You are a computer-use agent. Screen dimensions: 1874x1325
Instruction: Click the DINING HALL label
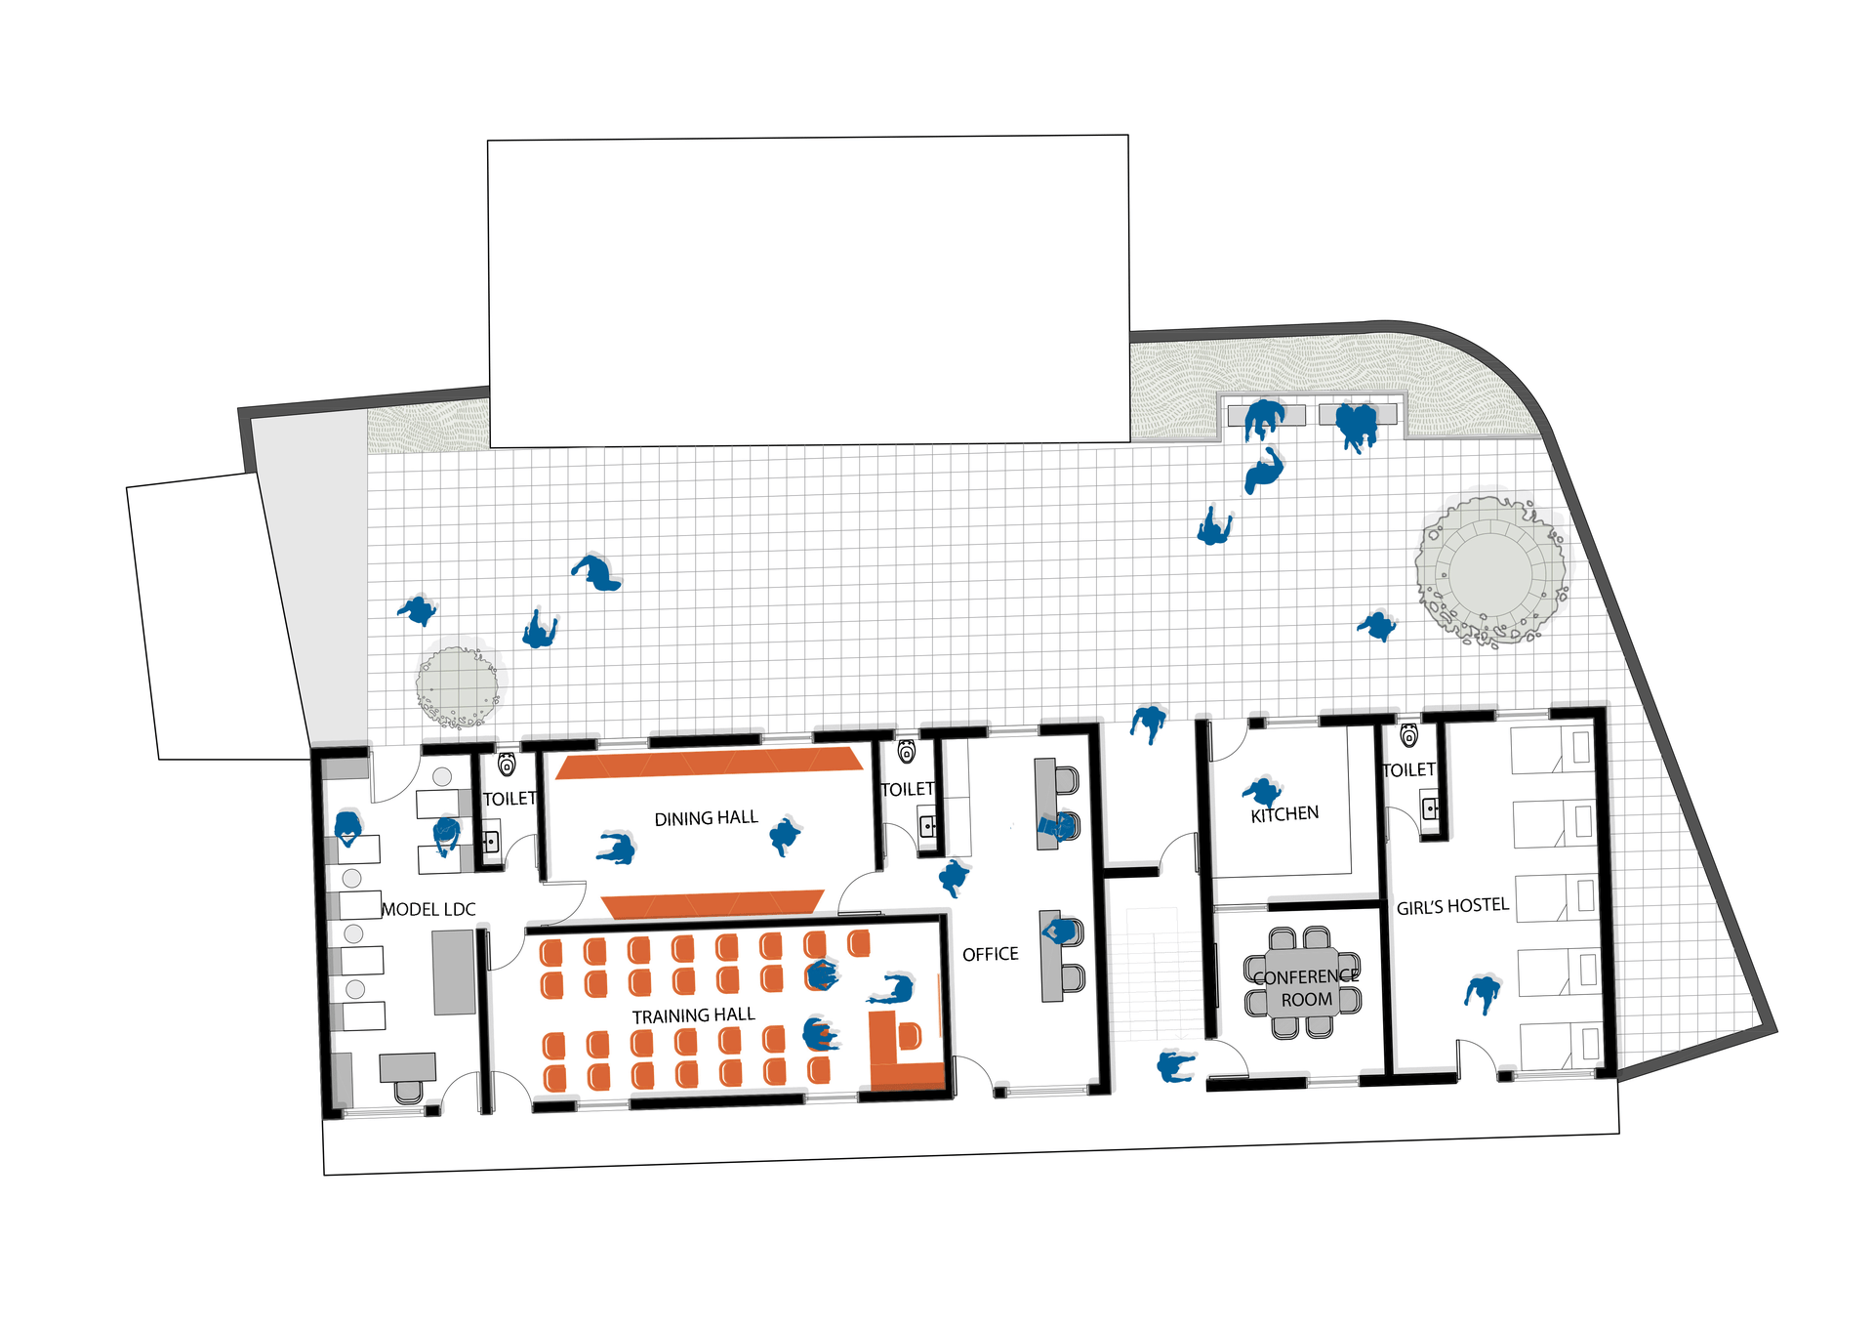pyautogui.click(x=706, y=818)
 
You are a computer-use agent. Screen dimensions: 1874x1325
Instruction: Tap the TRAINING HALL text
pyautogui.click(x=693, y=1016)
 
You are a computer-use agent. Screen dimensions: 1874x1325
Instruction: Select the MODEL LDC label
pyautogui.click(x=428, y=910)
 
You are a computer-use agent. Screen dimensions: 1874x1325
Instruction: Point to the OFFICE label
pyautogui.click(x=990, y=954)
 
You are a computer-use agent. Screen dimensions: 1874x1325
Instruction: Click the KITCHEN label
pyautogui.click(x=1284, y=814)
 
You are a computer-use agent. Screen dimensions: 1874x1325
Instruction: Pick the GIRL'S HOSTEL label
pyautogui.click(x=1452, y=907)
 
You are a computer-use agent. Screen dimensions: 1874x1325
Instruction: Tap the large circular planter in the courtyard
pyautogui.click(x=1490, y=569)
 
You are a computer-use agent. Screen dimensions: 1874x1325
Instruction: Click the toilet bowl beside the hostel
pyautogui.click(x=1408, y=735)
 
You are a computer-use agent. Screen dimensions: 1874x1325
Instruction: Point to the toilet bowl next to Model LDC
pyautogui.click(x=507, y=764)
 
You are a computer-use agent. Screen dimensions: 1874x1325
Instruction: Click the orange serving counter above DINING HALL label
pyautogui.click(x=710, y=763)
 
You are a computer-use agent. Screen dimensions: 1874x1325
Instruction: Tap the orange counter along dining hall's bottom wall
pyautogui.click(x=713, y=904)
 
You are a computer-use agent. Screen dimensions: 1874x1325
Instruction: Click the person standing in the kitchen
pyautogui.click(x=1262, y=791)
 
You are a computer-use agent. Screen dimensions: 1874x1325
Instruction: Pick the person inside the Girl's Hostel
pyautogui.click(x=1483, y=994)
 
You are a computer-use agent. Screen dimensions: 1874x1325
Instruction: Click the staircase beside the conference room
pyautogui.click(x=1155, y=973)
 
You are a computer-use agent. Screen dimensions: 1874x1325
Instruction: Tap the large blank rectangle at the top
pyautogui.click(x=808, y=291)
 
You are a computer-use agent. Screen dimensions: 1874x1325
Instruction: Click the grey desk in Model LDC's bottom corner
pyautogui.click(x=407, y=1067)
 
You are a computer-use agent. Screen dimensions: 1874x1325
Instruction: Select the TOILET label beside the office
pyautogui.click(x=907, y=789)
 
